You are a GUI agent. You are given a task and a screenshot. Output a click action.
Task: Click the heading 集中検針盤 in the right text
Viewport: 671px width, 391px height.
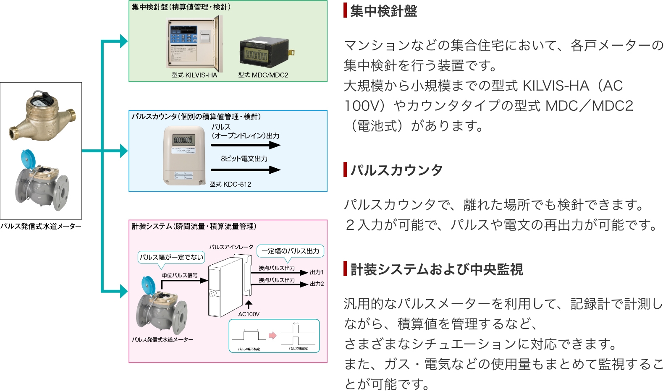pyautogui.click(x=383, y=11)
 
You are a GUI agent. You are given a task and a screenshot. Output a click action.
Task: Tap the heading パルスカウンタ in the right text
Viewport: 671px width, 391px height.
pyautogui.click(x=396, y=170)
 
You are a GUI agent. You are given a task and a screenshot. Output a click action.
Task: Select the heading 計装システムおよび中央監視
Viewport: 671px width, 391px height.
pyautogui.click(x=436, y=269)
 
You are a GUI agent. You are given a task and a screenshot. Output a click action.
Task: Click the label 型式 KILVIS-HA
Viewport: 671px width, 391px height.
pyautogui.click(x=194, y=75)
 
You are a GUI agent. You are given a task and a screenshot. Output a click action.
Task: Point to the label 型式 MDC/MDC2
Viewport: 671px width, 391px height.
pyautogui.click(x=263, y=75)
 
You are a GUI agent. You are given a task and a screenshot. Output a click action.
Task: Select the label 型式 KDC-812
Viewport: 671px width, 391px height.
pyautogui.click(x=231, y=184)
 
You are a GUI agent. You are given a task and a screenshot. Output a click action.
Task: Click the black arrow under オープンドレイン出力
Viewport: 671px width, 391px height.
pyautogui.click(x=245, y=145)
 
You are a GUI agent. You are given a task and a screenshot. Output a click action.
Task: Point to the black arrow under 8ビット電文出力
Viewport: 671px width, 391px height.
pyautogui.click(x=245, y=170)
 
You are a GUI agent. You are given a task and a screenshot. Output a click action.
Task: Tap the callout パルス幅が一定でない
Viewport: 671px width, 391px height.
pyautogui.click(x=171, y=257)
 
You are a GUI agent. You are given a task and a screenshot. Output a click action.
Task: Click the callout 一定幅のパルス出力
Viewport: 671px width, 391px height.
pyautogui.click(x=290, y=251)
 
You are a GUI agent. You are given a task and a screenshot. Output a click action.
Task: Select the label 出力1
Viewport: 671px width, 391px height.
pyautogui.click(x=317, y=273)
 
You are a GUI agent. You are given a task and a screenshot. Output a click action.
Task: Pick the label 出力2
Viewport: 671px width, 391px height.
pyautogui.click(x=317, y=284)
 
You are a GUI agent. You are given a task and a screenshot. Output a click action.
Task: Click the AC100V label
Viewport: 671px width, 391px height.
pyautogui.click(x=249, y=314)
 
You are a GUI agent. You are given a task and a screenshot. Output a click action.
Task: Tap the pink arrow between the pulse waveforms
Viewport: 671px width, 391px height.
pyautogui.click(x=273, y=335)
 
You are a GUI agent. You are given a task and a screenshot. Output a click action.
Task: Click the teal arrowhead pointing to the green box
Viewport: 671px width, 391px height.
pyautogui.click(x=123, y=41)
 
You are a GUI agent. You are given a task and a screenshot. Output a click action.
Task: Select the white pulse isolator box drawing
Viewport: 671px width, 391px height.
pyautogui.click(x=226, y=287)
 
